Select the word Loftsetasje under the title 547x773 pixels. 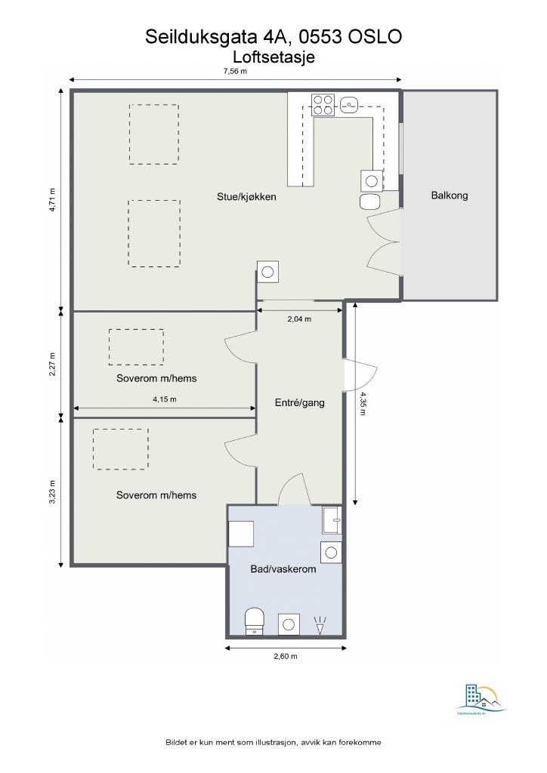pos(273,56)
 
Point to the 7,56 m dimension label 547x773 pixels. pos(235,71)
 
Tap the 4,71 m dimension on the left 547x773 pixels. pos(52,200)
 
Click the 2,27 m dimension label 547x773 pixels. pos(52,363)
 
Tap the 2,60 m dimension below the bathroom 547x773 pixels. pos(285,657)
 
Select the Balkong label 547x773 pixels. pos(450,196)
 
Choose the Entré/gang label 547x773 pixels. pos(299,403)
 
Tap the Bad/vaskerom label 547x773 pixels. pos(283,569)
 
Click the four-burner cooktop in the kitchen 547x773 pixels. pos(323,104)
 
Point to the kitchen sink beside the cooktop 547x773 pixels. pos(351,104)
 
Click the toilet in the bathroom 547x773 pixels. pos(255,622)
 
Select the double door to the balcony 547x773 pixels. pos(384,241)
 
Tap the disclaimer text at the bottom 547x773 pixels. pos(273,743)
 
